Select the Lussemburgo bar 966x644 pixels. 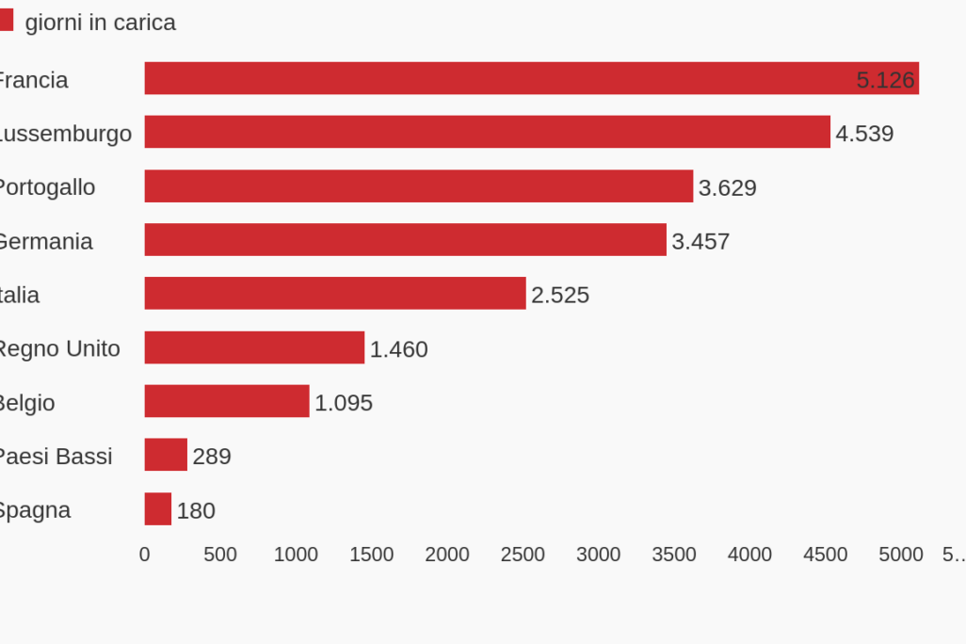(487, 133)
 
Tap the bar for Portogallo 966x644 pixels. (418, 186)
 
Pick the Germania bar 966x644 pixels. (405, 240)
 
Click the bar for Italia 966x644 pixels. (334, 294)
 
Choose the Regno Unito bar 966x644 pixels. (254, 347)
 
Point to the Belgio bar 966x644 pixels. (226, 401)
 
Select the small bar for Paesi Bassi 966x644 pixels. (166, 455)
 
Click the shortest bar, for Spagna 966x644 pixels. (157, 509)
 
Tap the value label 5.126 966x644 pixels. (885, 80)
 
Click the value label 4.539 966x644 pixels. (864, 134)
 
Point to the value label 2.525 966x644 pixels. (560, 296)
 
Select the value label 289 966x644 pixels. (212, 457)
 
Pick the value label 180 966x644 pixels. (196, 510)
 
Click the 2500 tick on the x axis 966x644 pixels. (523, 555)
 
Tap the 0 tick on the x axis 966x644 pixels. (144, 555)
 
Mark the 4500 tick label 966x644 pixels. (825, 555)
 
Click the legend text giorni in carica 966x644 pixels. (100, 23)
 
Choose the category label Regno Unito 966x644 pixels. (58, 349)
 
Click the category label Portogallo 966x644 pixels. (46, 187)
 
